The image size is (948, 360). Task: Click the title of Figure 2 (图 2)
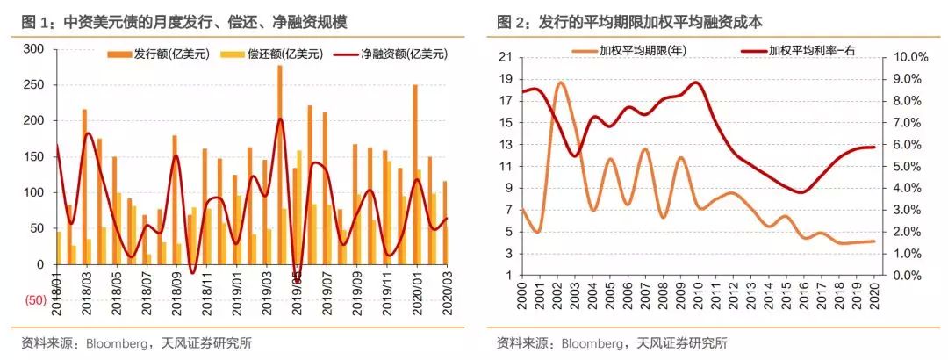[641, 22]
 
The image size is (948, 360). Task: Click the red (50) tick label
[33, 300]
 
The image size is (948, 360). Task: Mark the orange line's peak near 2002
[561, 83]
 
